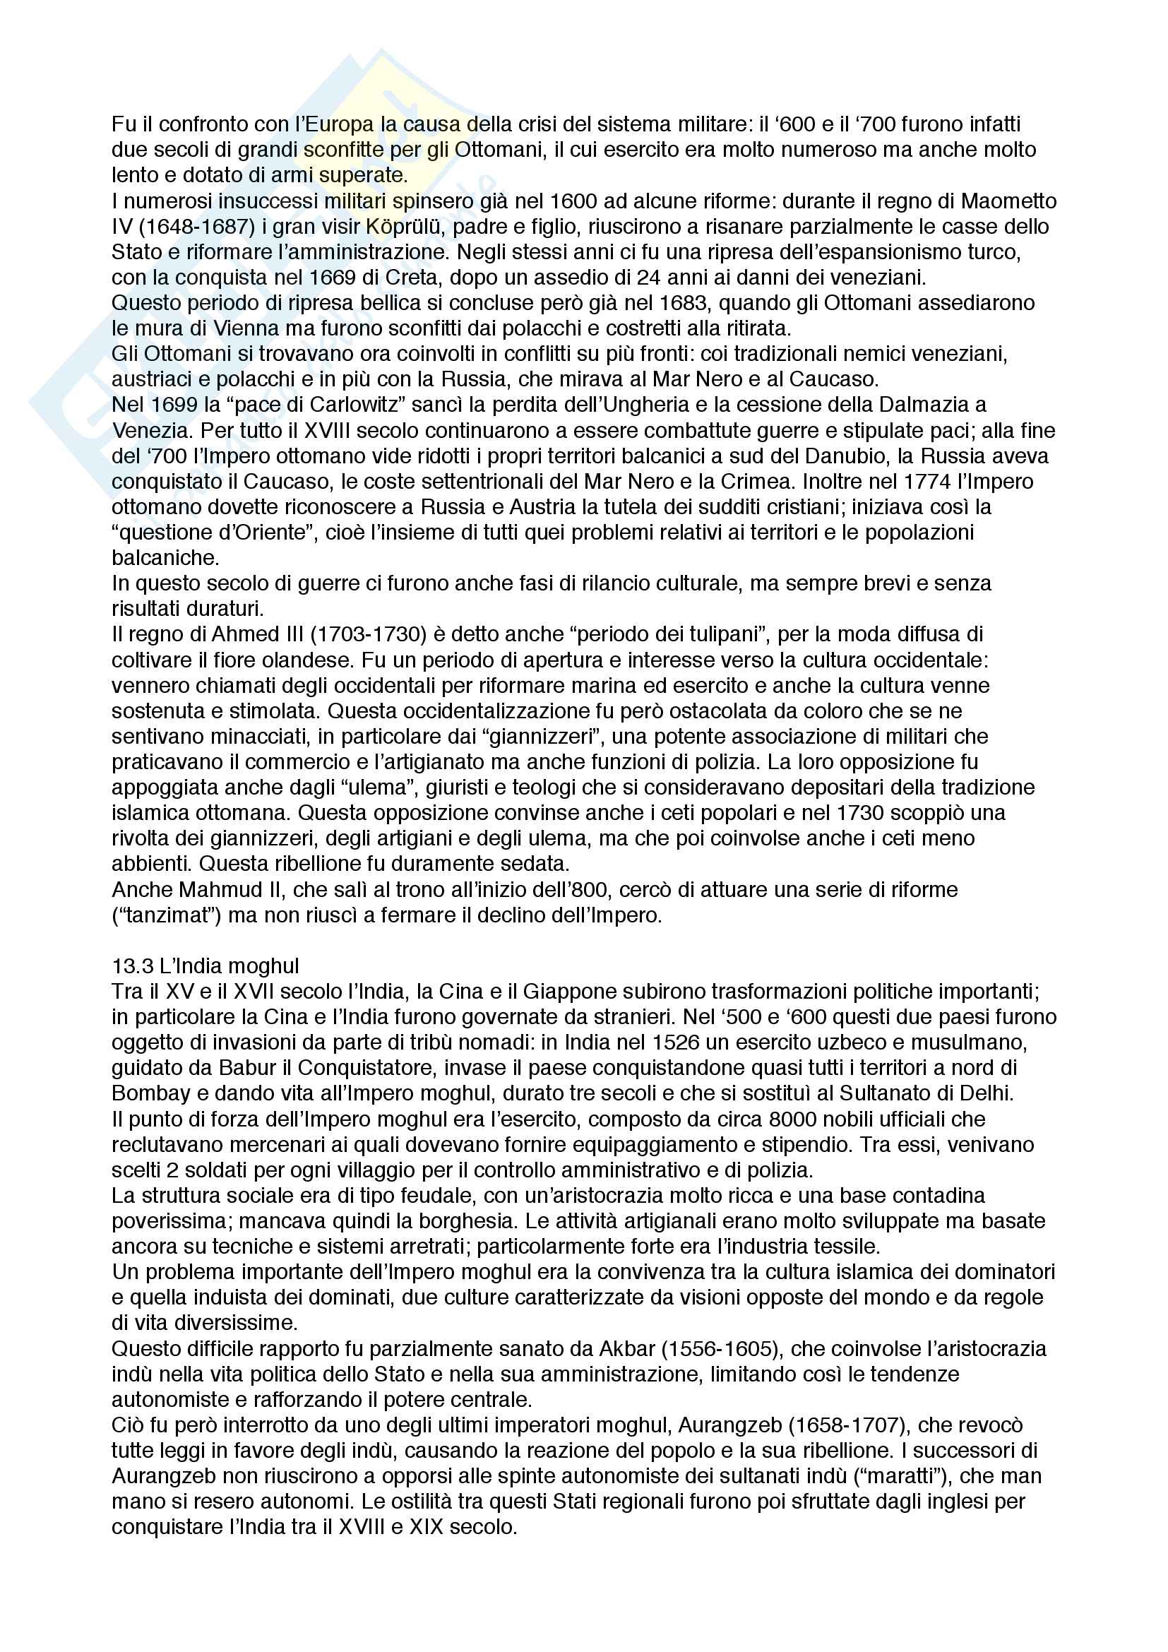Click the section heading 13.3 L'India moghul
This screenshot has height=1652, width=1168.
click(205, 965)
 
